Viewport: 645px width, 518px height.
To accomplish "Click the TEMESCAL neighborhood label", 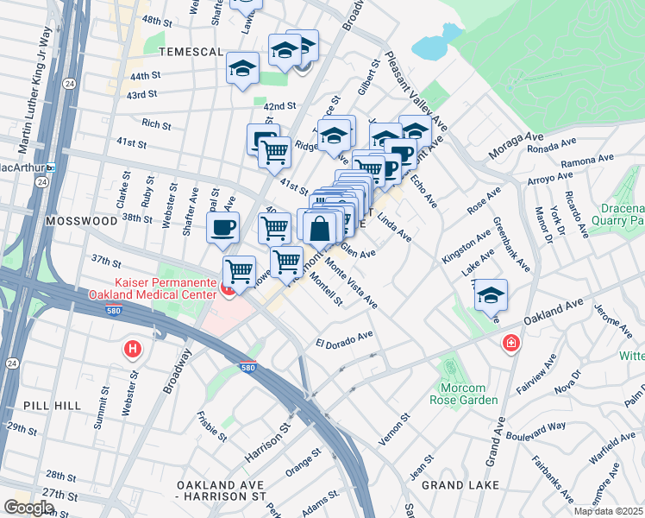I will pyautogui.click(x=187, y=52).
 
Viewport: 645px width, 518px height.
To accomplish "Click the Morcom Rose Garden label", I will pyautogui.click(x=464, y=394).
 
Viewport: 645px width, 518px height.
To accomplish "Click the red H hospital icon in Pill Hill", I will pyautogui.click(x=133, y=350).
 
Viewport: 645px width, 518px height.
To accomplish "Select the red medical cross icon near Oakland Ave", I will pyautogui.click(x=511, y=344).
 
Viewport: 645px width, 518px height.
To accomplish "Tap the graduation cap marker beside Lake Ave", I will pyautogui.click(x=491, y=295).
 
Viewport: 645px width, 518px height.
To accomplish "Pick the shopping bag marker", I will pyautogui.click(x=320, y=229).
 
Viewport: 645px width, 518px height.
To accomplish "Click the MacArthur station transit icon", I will pyautogui.click(x=51, y=166).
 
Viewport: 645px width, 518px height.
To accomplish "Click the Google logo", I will pyautogui.click(x=29, y=507).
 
